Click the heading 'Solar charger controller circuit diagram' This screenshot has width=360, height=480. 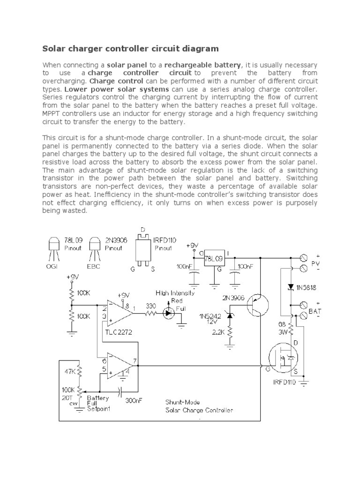pyautogui.click(x=130, y=48)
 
